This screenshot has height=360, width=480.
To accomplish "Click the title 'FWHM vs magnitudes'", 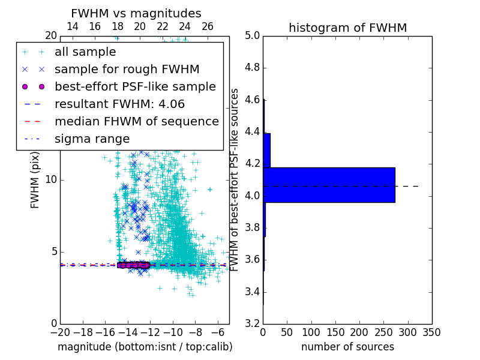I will [136, 13].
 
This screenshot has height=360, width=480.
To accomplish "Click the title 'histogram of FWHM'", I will [347, 28].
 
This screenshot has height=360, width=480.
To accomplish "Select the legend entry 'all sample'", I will [85, 52].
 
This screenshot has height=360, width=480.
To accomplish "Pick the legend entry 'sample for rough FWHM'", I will [127, 69].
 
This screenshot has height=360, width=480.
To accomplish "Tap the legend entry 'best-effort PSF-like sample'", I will [135, 86].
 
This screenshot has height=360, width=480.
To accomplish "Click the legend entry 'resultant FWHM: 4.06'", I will [123, 104].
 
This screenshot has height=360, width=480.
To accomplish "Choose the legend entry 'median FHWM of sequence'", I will [136, 121].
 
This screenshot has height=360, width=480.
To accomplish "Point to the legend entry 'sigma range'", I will [92, 139].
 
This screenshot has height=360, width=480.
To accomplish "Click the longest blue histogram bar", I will [329, 185].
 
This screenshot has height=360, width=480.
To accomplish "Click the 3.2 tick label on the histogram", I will [251, 324].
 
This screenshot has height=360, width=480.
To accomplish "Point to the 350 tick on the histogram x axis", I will [432, 332].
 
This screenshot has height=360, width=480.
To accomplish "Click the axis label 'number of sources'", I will [347, 347].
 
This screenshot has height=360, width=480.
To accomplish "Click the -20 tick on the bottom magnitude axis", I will [60, 332].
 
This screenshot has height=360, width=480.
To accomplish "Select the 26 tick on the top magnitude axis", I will [207, 26].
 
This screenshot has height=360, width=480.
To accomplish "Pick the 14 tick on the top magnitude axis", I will [72, 26].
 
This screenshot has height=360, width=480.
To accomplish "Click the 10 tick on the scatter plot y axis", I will [50, 179].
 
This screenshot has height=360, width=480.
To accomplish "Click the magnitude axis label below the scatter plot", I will [145, 347].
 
